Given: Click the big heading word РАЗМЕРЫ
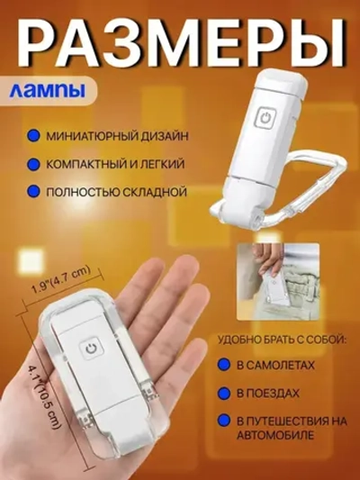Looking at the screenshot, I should pyautogui.click(x=180, y=45).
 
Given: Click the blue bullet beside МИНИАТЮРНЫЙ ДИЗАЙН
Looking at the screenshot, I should pyautogui.click(x=31, y=135).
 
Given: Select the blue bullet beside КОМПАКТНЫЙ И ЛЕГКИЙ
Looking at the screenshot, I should pyautogui.click(x=31, y=164).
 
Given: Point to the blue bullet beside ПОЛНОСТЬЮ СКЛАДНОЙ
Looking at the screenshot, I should pyautogui.click(x=31, y=193).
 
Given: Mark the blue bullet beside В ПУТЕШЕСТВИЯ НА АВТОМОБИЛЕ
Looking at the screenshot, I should pyautogui.click(x=221, y=421).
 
